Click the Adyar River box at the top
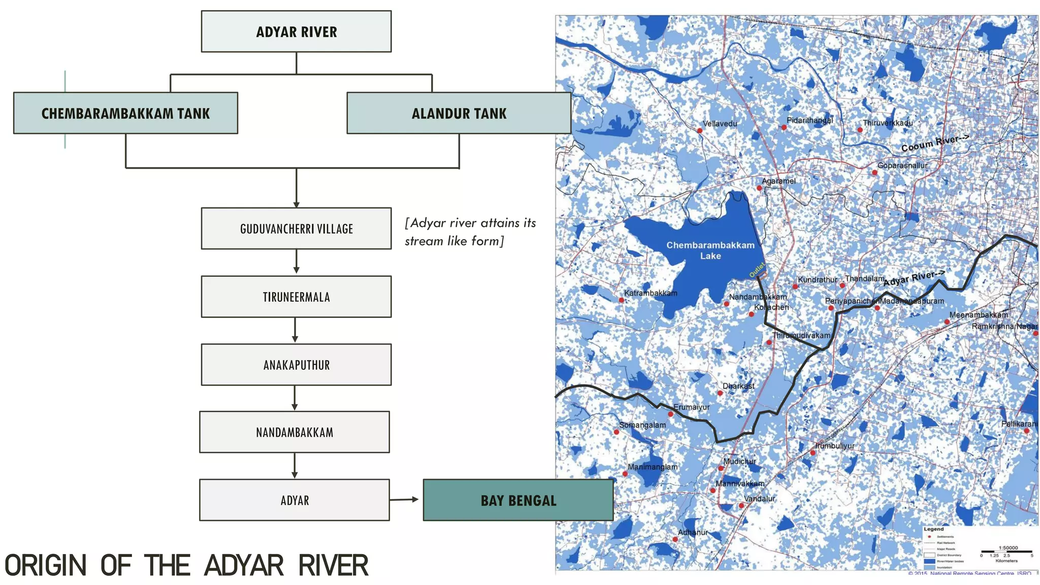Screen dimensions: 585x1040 296,31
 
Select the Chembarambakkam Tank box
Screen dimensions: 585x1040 125,113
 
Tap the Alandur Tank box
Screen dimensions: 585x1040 459,113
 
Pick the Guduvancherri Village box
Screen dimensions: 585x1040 296,229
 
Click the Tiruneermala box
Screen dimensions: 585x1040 296,297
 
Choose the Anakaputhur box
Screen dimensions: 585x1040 296,365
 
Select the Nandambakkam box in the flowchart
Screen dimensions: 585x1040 295,432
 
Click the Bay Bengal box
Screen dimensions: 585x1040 518,500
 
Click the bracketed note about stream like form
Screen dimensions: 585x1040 470,232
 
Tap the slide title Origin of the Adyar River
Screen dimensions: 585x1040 186,565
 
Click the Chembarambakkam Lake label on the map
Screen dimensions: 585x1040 710,250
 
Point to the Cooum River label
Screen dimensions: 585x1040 934,143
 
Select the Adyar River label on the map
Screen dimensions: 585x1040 914,278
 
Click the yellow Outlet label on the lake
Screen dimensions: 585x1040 757,270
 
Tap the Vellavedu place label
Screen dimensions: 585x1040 720,123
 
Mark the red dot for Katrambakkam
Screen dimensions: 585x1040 621,300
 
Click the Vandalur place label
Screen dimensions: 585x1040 759,499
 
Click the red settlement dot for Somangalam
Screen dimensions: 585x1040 616,432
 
